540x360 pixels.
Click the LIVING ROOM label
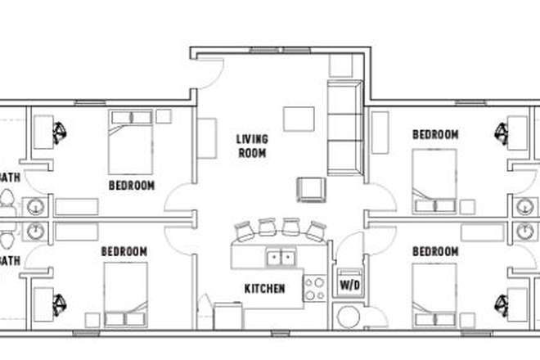(252, 145)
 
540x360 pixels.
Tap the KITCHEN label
(264, 289)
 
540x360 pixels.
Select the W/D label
(349, 285)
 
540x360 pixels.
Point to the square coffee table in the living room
(298, 119)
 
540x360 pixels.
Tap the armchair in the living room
(310, 189)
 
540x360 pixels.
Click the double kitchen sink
(281, 259)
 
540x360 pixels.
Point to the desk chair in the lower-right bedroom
(502, 304)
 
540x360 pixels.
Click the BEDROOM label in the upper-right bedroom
(434, 134)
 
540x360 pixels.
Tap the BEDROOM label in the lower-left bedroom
(124, 251)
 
